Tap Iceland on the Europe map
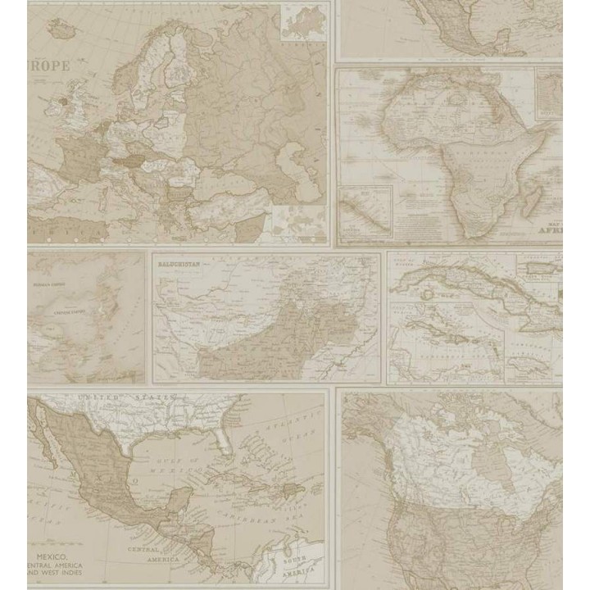(61, 29)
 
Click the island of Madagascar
(530, 198)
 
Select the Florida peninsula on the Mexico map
(224, 442)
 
